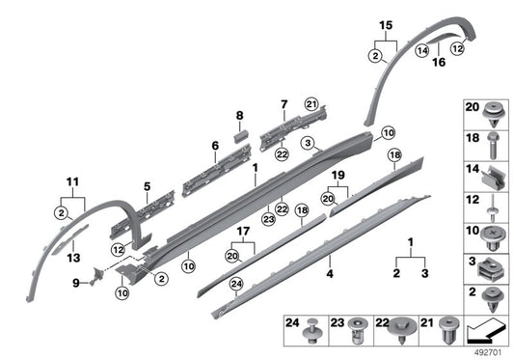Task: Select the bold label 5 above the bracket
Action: click(148, 187)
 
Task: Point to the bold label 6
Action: click(216, 148)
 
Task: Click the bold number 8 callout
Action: click(240, 116)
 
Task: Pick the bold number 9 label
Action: click(77, 283)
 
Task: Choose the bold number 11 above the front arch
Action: click(70, 180)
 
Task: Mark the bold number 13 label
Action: click(73, 258)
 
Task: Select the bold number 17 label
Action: click(244, 232)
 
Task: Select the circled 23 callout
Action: click(267, 219)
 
